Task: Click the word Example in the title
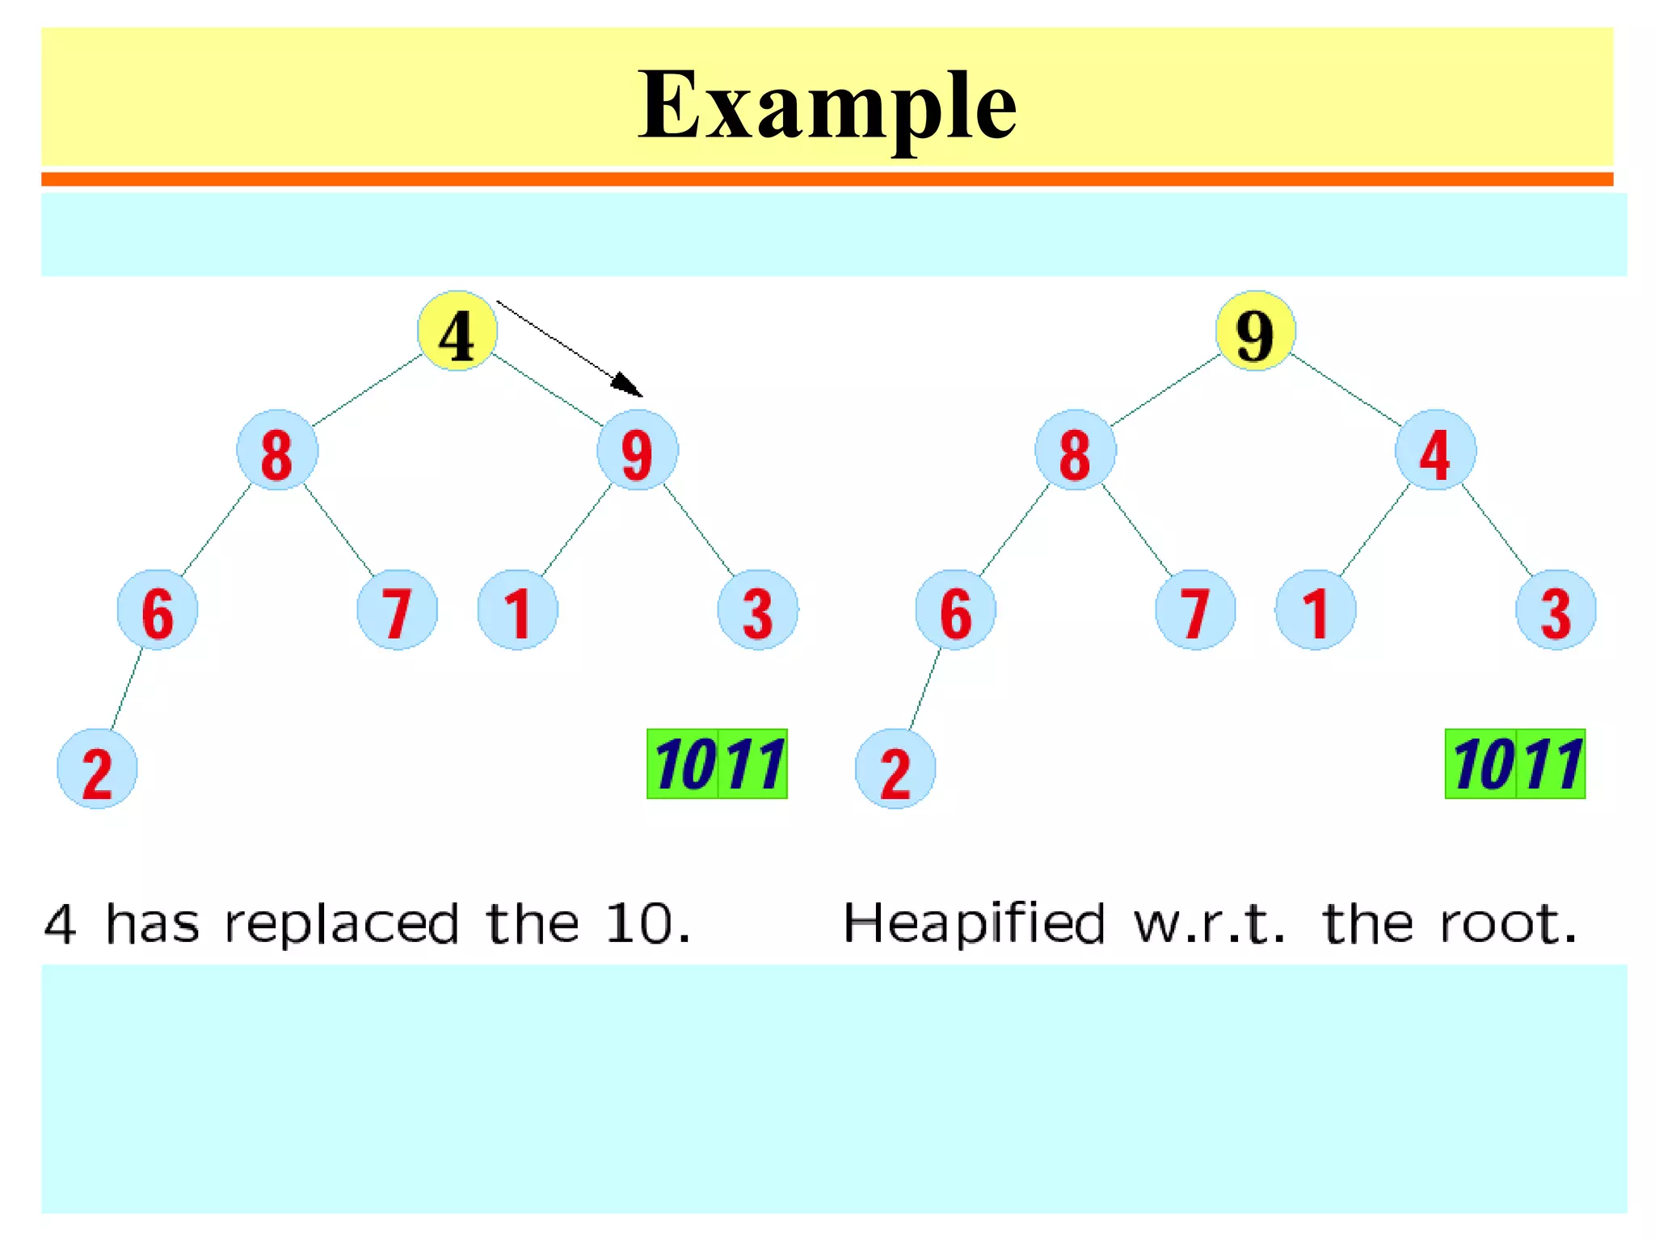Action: click(827, 105)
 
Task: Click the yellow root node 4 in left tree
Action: click(457, 331)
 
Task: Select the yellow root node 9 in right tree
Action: click(1255, 331)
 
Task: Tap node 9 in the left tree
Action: click(638, 450)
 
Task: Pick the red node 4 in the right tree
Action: click(1435, 450)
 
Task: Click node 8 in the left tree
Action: click(277, 450)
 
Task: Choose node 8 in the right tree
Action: click(1075, 450)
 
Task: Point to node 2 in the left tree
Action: click(97, 769)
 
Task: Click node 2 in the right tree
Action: click(895, 769)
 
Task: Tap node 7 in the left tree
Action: click(397, 610)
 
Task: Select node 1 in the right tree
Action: click(1316, 610)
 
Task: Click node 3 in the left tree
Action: click(757, 610)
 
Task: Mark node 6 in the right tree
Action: click(955, 610)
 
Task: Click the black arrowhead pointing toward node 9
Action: click(629, 385)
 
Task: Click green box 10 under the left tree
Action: click(683, 764)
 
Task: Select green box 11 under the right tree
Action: click(1551, 764)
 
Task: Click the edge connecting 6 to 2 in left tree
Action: click(127, 688)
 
